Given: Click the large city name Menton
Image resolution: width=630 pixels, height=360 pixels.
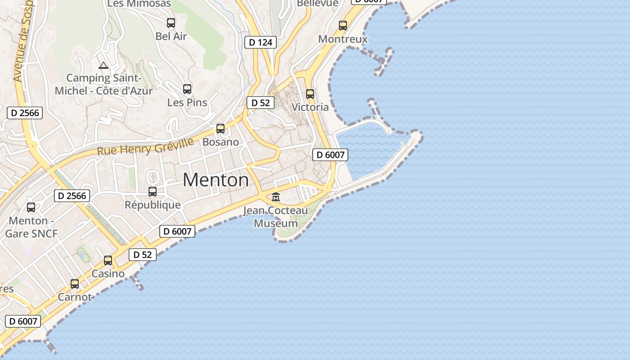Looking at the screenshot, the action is (216, 180).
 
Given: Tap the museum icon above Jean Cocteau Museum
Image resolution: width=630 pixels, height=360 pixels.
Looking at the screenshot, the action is (276, 197).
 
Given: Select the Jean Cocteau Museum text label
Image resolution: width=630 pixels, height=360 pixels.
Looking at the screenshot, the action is (276, 217).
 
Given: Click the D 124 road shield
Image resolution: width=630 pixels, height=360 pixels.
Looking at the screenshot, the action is (260, 43).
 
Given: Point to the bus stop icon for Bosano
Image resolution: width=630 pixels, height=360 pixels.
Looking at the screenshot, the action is (220, 129).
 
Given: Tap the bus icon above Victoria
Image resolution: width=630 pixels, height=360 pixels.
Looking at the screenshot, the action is (310, 94).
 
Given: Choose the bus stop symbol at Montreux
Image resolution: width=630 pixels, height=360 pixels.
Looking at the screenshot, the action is (343, 26).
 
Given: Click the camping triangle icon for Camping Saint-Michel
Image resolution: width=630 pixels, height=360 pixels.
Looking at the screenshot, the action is (103, 66).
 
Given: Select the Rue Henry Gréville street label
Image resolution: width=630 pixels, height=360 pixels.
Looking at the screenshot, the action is (145, 147).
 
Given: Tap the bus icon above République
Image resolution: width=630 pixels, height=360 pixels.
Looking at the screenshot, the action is (153, 192).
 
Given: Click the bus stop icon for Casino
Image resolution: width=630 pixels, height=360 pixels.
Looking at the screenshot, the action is (108, 261).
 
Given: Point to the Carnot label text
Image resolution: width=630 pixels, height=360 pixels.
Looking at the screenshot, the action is (75, 297).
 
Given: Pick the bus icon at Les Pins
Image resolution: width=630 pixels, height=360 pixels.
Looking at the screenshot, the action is (187, 89).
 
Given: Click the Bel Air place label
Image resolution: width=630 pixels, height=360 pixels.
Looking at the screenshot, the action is (171, 36).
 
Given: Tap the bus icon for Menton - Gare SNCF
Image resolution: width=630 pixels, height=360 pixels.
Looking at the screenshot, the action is (31, 207).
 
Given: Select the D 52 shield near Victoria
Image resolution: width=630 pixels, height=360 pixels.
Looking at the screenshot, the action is (260, 103).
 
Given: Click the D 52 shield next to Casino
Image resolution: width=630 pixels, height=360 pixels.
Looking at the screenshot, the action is (143, 255).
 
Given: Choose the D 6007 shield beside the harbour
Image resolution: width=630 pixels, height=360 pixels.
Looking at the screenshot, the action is (330, 155).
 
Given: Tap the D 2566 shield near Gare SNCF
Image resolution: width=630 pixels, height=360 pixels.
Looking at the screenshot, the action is (72, 196).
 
